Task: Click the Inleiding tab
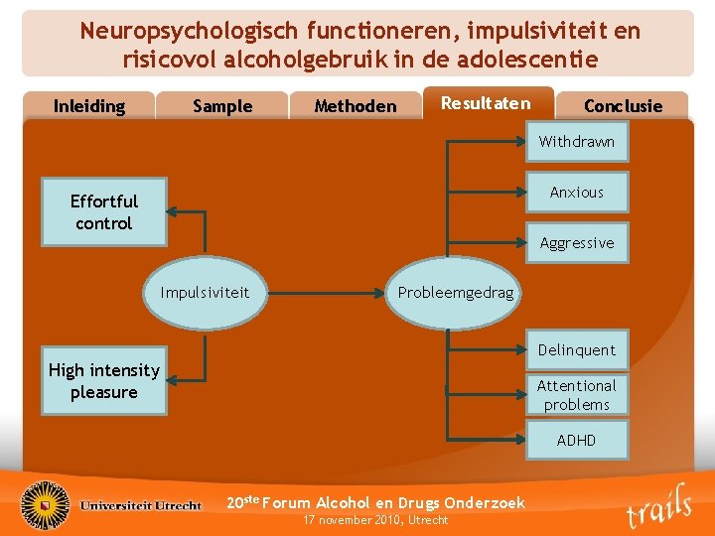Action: pyautogui.click(x=89, y=106)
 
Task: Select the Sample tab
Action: pyautogui.click(x=222, y=106)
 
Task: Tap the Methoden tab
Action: pyautogui.click(x=355, y=106)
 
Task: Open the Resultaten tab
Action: pyautogui.click(x=486, y=103)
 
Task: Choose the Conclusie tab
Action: pyautogui.click(x=623, y=106)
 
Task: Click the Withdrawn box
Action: pyautogui.click(x=577, y=142)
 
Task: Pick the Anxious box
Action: pyautogui.click(x=577, y=193)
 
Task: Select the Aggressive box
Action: pyautogui.click(x=577, y=243)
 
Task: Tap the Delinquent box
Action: pyautogui.click(x=577, y=350)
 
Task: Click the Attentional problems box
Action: pyautogui.click(x=577, y=395)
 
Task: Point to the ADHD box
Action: pyautogui.click(x=577, y=440)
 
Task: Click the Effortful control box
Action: pyautogui.click(x=103, y=212)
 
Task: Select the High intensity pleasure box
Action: pyautogui.click(x=103, y=381)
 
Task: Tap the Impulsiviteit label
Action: pyautogui.click(x=205, y=293)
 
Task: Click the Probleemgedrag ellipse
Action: pyautogui.click(x=456, y=293)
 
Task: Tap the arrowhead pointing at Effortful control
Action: pyautogui.click(x=172, y=211)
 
